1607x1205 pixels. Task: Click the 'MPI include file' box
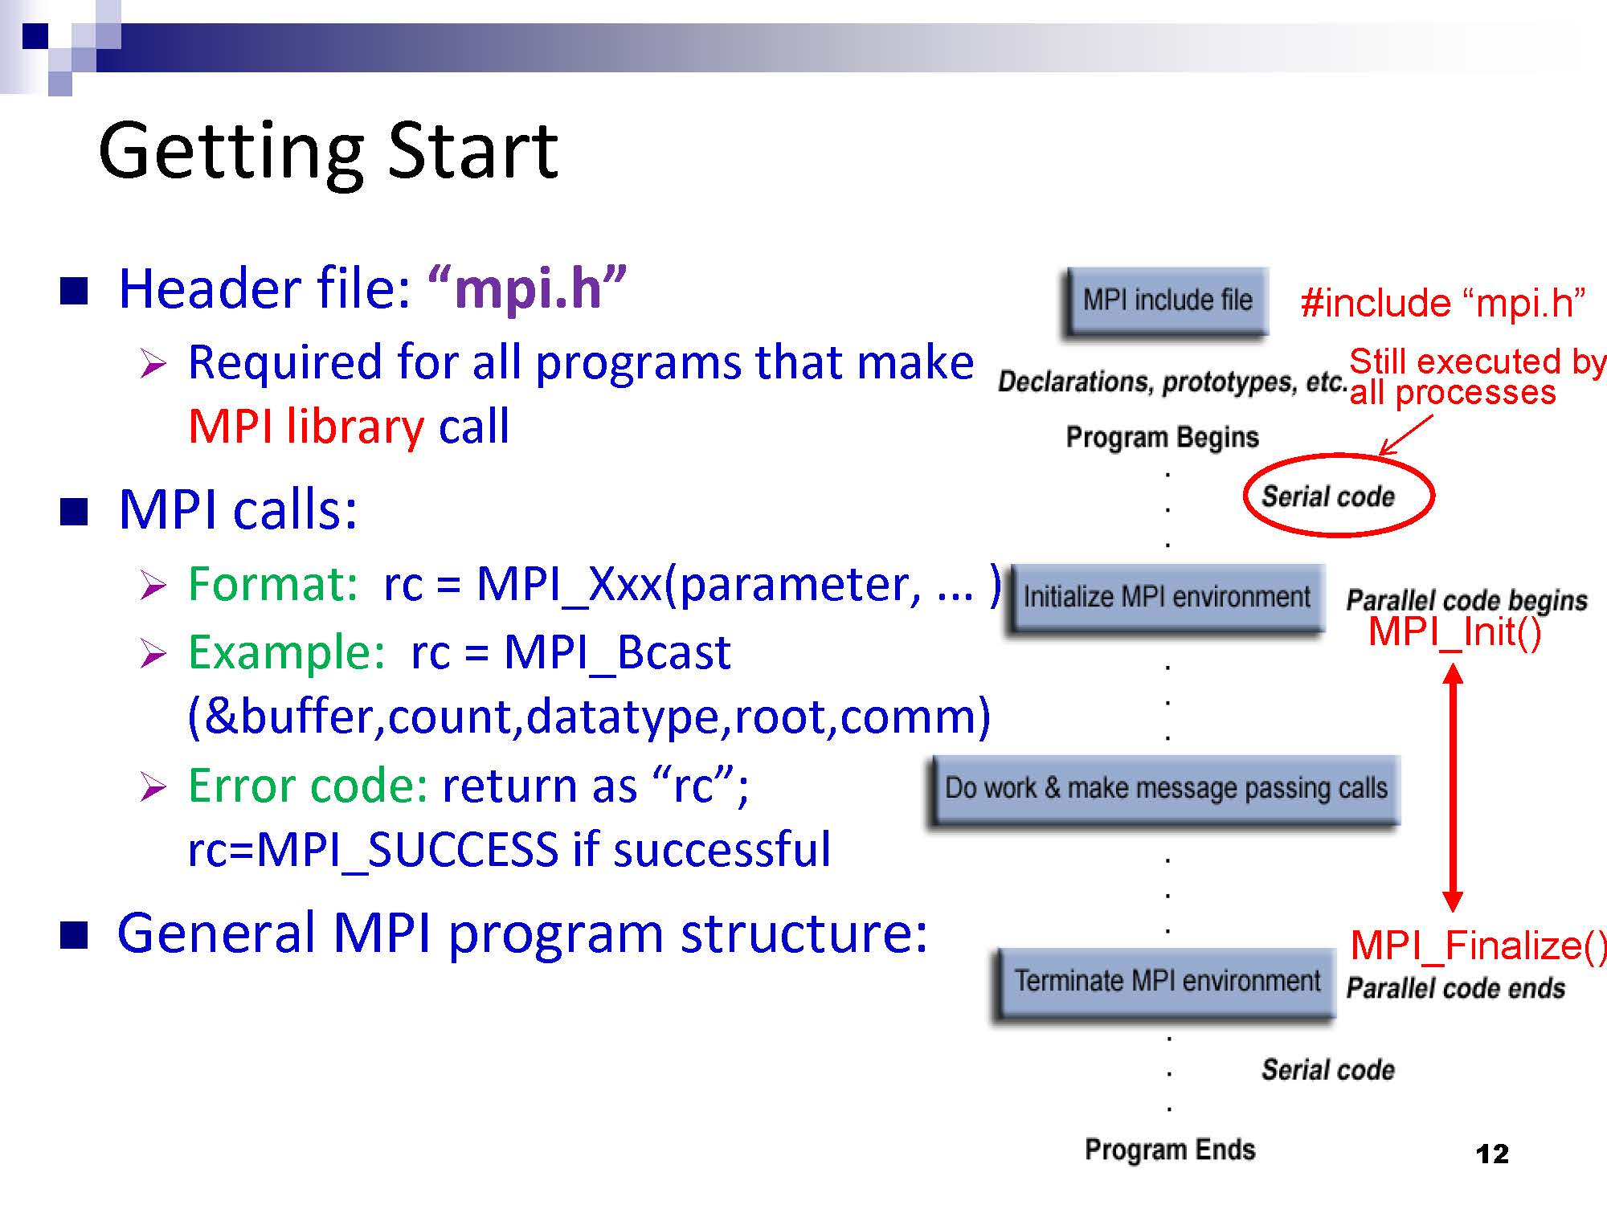(x=1167, y=301)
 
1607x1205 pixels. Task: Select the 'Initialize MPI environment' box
(x=1166, y=598)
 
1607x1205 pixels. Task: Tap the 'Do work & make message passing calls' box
(x=1166, y=789)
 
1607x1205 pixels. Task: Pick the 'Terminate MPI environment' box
(x=1166, y=982)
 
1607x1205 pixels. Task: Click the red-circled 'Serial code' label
(x=1328, y=496)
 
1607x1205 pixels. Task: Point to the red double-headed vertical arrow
(x=1452, y=787)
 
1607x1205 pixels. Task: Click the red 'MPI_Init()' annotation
(x=1455, y=631)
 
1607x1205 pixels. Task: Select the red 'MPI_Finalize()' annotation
(x=1478, y=945)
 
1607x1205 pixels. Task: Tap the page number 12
(x=1492, y=1154)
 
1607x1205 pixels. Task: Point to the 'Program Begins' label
(x=1162, y=438)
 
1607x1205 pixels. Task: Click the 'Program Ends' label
(x=1170, y=1150)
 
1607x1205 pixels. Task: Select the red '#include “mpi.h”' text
(x=1443, y=303)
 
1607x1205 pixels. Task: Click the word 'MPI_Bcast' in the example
(x=617, y=652)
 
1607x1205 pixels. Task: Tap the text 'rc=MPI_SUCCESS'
(x=373, y=850)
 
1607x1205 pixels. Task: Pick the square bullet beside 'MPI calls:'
(x=74, y=512)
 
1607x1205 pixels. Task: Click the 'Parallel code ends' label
(x=1456, y=989)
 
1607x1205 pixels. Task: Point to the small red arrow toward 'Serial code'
(x=1405, y=435)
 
